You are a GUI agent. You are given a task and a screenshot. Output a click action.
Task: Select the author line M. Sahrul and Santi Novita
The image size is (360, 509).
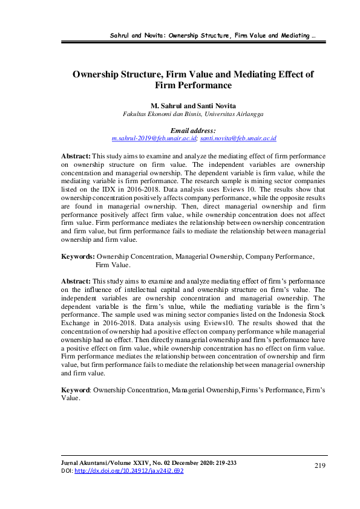193,105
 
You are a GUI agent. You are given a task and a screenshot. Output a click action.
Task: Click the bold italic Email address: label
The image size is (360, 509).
193,130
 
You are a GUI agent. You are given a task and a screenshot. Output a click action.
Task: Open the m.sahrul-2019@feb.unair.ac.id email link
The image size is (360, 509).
155,138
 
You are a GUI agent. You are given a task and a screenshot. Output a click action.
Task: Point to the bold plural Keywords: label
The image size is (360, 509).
78,256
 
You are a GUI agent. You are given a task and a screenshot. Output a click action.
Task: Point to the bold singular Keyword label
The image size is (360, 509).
77,391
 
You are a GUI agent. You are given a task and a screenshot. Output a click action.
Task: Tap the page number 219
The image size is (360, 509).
321,465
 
